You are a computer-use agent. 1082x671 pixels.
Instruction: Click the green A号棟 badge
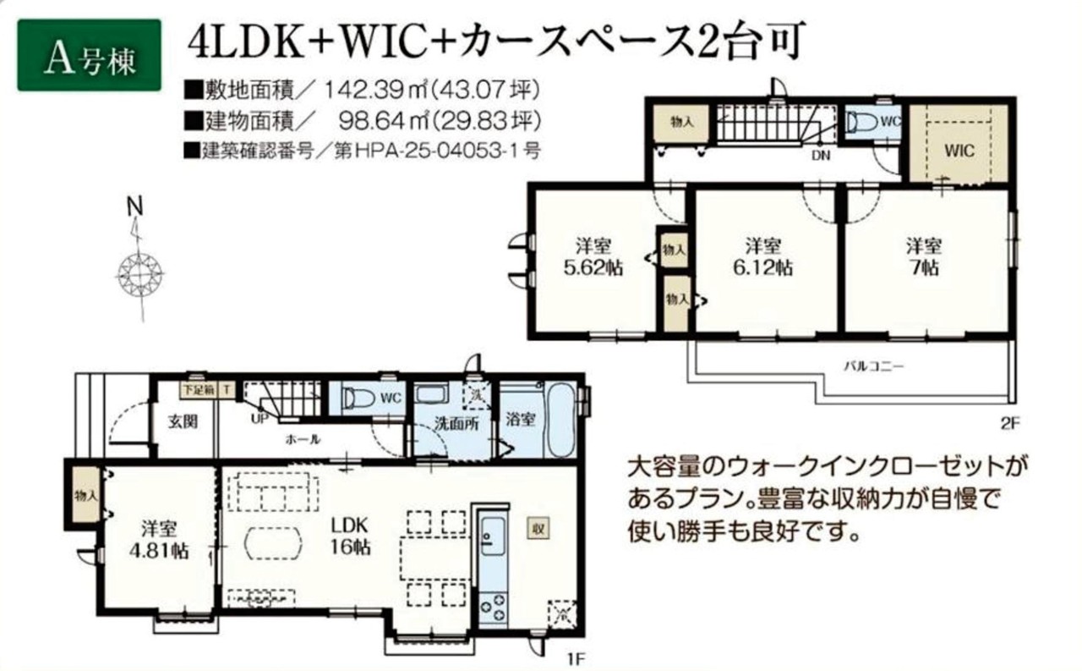pyautogui.click(x=90, y=55)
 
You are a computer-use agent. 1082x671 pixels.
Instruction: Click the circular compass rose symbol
pyautogui.click(x=139, y=275)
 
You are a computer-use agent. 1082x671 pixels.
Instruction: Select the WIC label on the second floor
pyautogui.click(x=959, y=151)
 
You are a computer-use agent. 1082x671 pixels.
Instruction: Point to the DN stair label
pyautogui.click(x=821, y=156)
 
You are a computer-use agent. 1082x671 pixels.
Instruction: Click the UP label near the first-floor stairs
pyautogui.click(x=260, y=419)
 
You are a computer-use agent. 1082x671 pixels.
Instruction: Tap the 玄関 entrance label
pyautogui.click(x=183, y=422)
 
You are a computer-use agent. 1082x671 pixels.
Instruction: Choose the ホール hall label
pyautogui.click(x=303, y=439)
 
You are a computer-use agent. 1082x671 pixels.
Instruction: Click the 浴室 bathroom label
pyautogui.click(x=520, y=420)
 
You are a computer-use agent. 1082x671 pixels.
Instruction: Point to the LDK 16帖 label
pyautogui.click(x=350, y=536)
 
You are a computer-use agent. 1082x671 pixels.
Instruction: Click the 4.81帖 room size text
pyautogui.click(x=159, y=552)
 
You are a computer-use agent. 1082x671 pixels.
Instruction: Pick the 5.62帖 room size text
pyautogui.click(x=593, y=267)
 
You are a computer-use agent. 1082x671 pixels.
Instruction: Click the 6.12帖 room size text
pyautogui.click(x=763, y=267)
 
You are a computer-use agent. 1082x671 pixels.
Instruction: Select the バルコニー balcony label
pyautogui.click(x=873, y=366)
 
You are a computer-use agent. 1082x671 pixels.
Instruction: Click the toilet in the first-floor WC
pyautogui.click(x=358, y=399)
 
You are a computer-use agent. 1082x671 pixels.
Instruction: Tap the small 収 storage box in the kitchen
pyautogui.click(x=538, y=529)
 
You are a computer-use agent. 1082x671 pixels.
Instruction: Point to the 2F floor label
pyautogui.click(x=1010, y=424)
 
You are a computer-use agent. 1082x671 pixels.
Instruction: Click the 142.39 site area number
pyautogui.click(x=365, y=90)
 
